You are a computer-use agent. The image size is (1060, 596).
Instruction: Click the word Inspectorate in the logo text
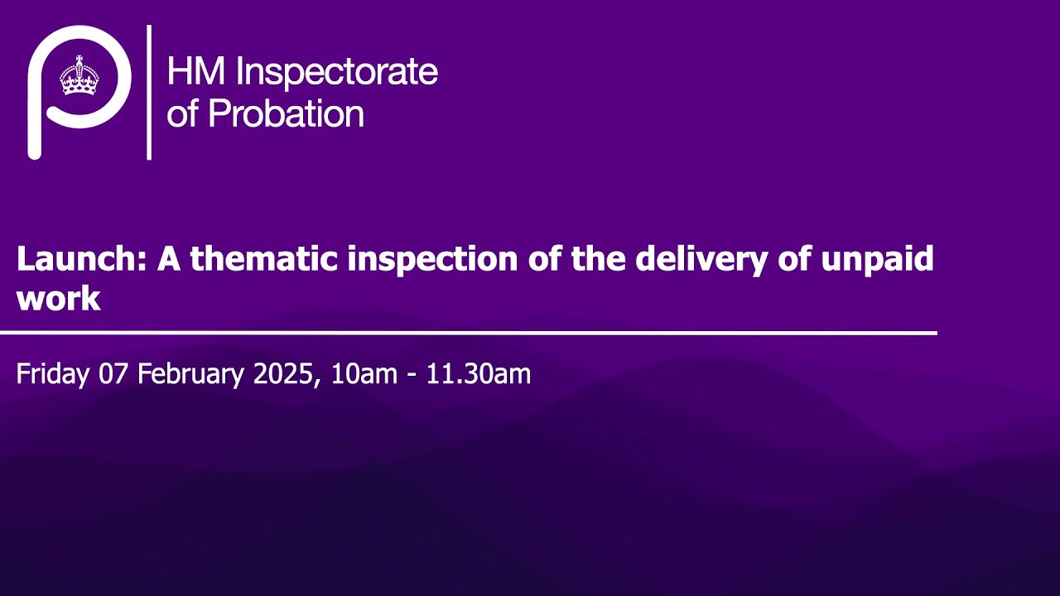click(x=336, y=73)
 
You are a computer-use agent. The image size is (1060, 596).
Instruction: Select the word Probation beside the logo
click(x=286, y=113)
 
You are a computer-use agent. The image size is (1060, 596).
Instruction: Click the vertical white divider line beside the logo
click(x=149, y=92)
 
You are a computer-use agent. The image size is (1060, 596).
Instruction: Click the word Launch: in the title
click(x=82, y=260)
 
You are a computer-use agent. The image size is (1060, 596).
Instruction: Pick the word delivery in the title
click(x=696, y=260)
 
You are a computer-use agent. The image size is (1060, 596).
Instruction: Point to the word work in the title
click(x=58, y=299)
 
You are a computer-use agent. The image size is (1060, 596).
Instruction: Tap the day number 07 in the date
click(x=113, y=374)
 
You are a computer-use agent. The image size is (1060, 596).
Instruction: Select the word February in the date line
click(x=191, y=374)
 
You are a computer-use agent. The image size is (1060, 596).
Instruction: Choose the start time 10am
click(x=364, y=374)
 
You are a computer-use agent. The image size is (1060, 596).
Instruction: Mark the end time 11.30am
click(x=478, y=374)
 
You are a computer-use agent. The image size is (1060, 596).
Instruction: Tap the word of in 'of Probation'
click(x=182, y=113)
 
